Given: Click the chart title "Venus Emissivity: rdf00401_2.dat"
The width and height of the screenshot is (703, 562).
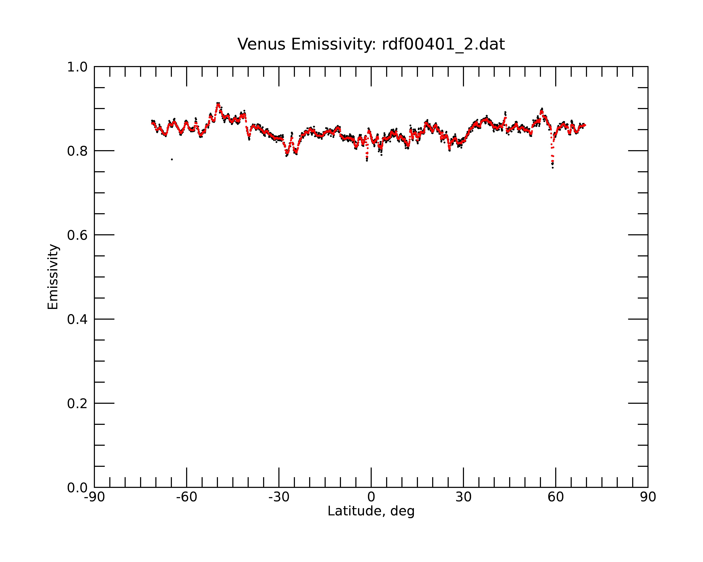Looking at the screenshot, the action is point(371,44).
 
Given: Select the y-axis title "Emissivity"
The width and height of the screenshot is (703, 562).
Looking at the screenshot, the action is point(53,277).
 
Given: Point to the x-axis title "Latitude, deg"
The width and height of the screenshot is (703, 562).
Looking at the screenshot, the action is point(371,511).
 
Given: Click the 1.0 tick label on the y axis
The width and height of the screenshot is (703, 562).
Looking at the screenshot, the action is point(77,67).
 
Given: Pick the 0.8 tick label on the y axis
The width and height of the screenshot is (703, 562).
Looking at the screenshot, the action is point(77,151).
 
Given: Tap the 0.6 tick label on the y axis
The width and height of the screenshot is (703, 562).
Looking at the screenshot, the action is point(77,235).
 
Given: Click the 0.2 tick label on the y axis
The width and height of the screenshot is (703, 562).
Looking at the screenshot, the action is point(77,404).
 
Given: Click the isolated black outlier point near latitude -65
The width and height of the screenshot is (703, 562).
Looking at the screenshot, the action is point(172,159).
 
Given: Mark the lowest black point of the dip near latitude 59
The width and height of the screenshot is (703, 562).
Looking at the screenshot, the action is point(553,168).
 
